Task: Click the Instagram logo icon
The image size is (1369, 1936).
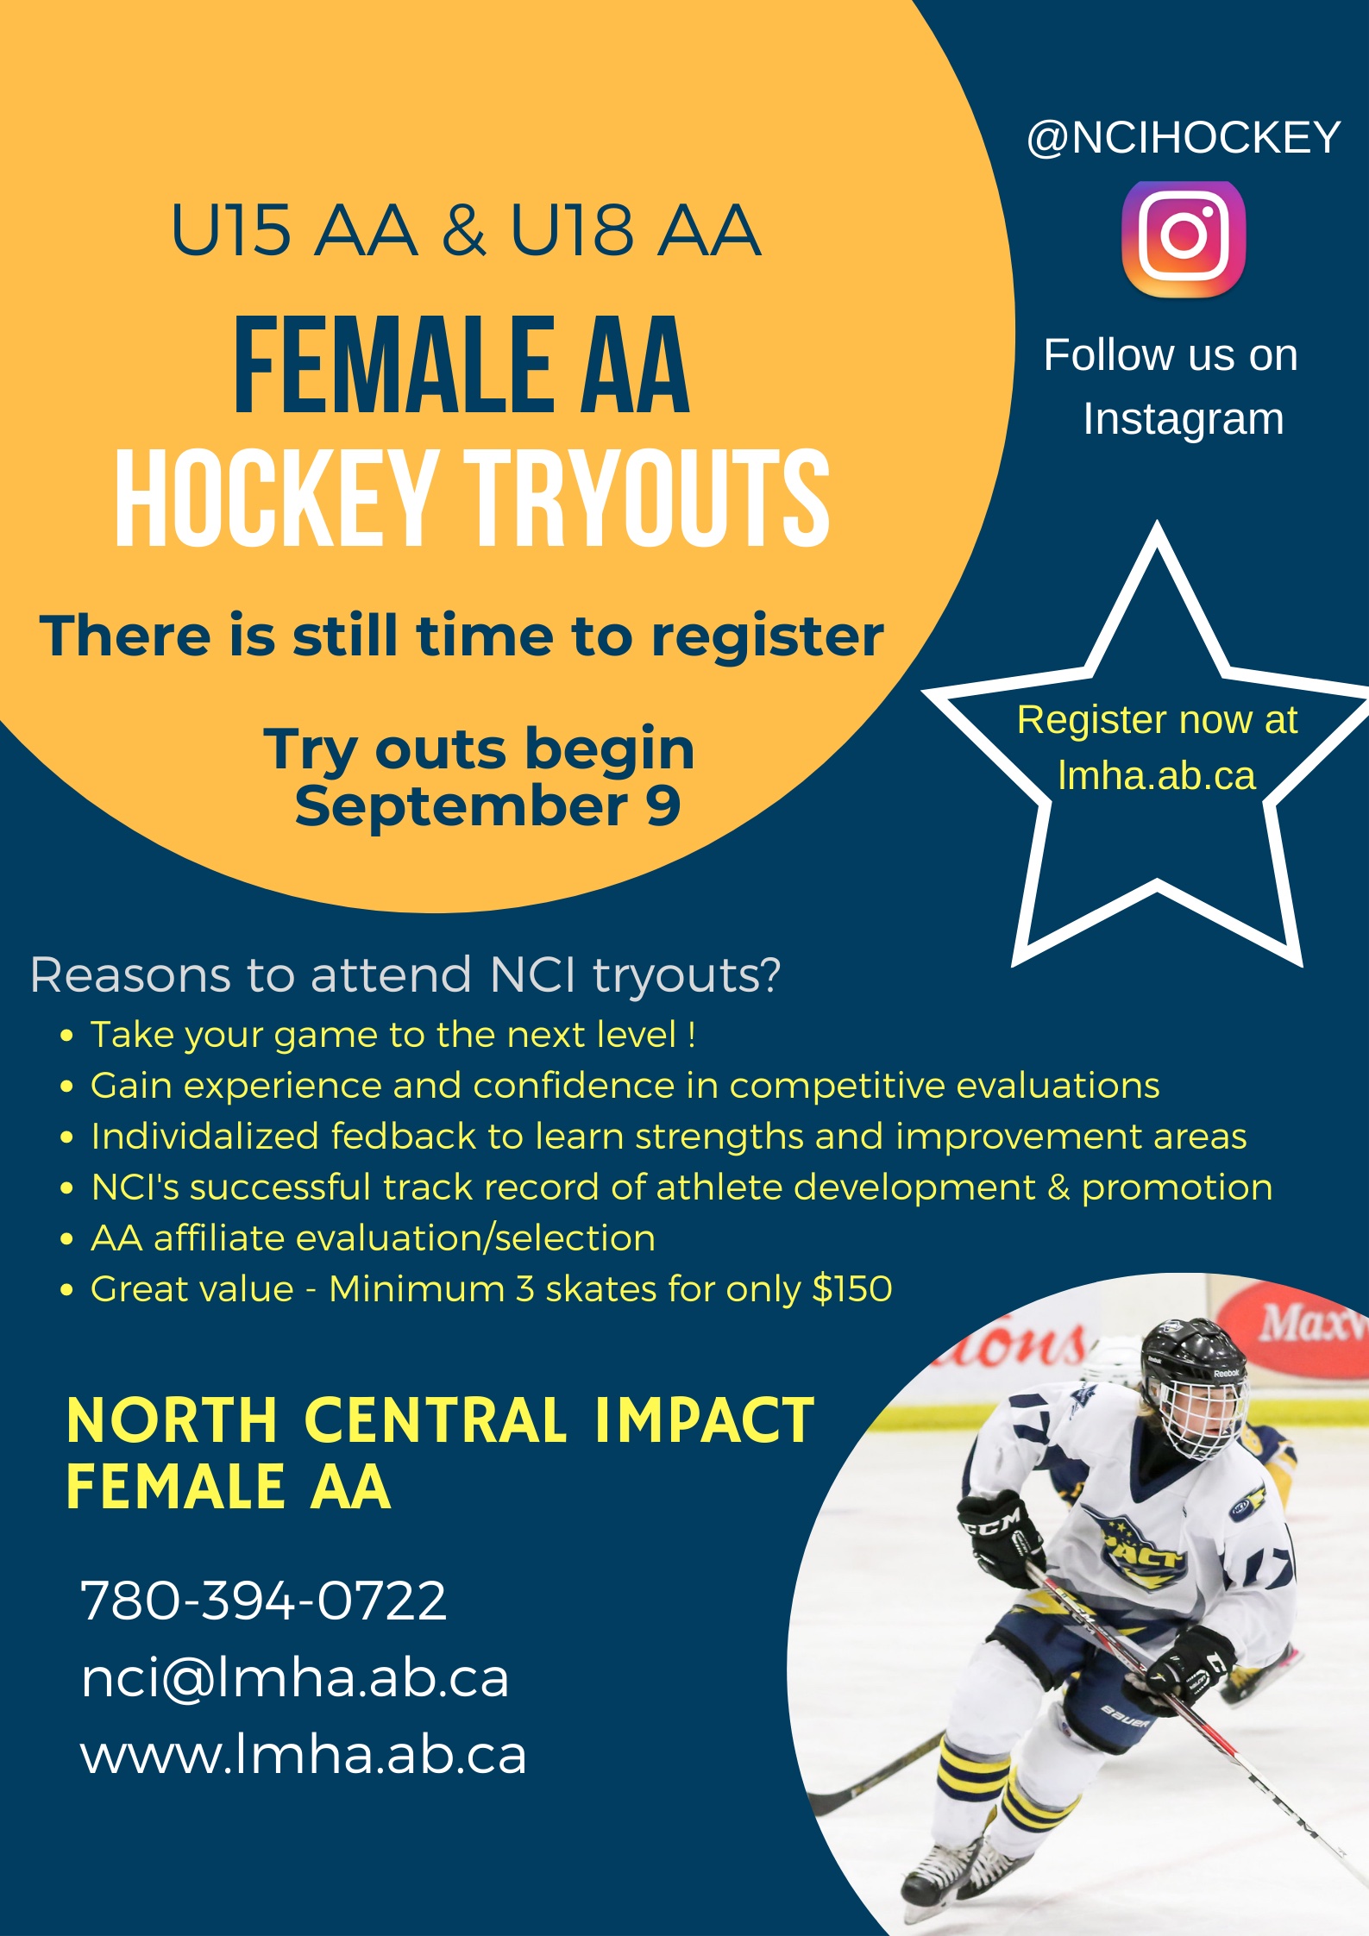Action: point(1184,239)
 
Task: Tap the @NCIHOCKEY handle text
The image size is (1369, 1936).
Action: point(1184,138)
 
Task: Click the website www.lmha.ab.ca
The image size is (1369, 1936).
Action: point(304,1754)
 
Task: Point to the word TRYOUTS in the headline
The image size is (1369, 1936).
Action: point(648,498)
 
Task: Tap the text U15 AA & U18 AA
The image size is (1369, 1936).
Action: point(466,230)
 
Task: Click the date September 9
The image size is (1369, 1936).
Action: point(487,806)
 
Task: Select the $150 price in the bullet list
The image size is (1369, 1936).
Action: point(852,1288)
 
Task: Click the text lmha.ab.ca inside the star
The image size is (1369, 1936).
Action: point(1157,775)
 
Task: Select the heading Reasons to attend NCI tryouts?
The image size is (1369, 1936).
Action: point(405,974)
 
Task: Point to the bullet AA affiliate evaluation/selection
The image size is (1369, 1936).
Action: point(373,1238)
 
